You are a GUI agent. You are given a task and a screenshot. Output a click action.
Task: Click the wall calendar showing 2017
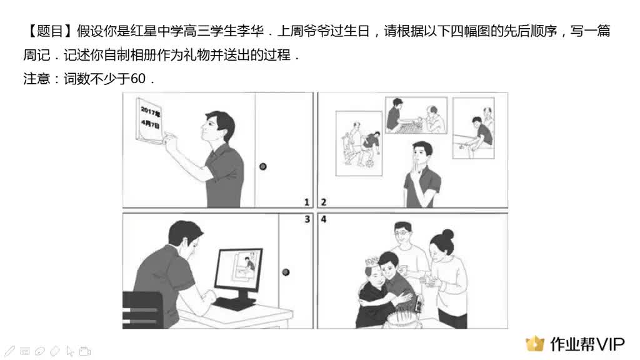pyautogui.click(x=150, y=119)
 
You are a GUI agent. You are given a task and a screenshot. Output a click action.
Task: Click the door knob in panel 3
pyautogui.click(x=286, y=272)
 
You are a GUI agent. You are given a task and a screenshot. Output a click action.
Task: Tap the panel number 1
pyautogui.click(x=307, y=202)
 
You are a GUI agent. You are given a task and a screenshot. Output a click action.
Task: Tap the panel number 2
pyautogui.click(x=324, y=202)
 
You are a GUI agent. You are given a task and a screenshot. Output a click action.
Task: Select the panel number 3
pyautogui.click(x=307, y=220)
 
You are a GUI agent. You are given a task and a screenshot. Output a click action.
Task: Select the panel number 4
pyautogui.click(x=324, y=220)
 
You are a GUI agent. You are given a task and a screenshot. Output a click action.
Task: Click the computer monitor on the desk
pyautogui.click(x=239, y=273)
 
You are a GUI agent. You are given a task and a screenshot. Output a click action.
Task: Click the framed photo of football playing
pyautogui.click(x=359, y=143)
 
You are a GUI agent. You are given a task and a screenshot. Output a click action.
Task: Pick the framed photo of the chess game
pyautogui.click(x=416, y=116)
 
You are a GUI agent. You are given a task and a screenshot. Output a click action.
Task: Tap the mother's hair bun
pyautogui.click(x=447, y=234)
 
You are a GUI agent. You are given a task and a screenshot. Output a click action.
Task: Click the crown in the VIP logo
pyautogui.click(x=535, y=343)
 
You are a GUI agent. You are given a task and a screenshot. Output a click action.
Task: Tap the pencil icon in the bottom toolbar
pyautogui.click(x=11, y=351)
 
